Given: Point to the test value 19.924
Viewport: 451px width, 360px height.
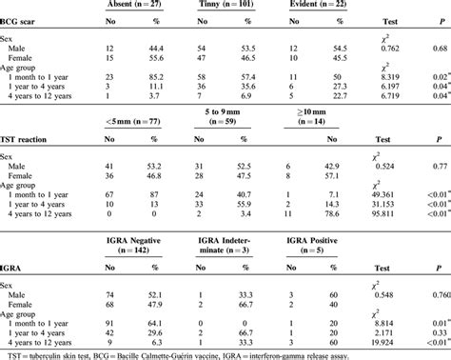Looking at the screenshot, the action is [392, 340].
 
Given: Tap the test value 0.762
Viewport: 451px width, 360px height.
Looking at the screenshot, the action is [392, 49].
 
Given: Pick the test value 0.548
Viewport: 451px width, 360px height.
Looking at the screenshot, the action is [392, 294].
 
